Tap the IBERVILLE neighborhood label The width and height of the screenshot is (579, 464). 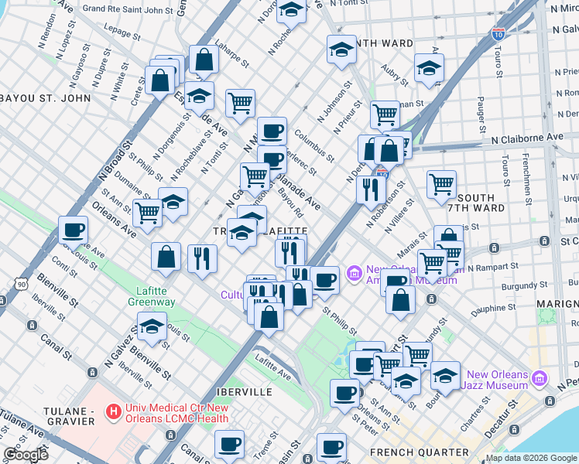240,392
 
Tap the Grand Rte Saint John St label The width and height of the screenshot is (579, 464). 128,10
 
